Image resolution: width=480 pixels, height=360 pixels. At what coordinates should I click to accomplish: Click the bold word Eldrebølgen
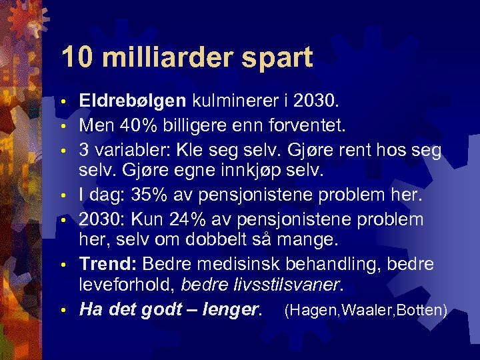(x=133, y=101)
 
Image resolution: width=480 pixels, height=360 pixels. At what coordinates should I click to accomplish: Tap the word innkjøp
(x=249, y=172)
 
